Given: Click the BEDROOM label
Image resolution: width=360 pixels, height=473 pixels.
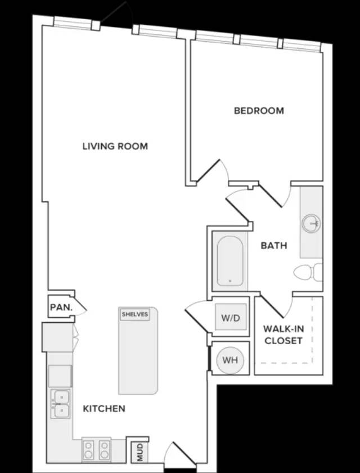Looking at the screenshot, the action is pos(259,111).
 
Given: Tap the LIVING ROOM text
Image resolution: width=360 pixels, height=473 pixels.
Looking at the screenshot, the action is pos(115,146).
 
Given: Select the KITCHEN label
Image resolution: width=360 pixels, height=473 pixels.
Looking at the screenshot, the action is pos(104,408).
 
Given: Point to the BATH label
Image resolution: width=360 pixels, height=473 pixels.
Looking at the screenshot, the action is pos(274,246).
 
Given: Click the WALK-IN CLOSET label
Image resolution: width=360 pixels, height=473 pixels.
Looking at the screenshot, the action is pos(283,335).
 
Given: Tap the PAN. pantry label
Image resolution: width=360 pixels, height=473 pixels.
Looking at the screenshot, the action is pos(61,308).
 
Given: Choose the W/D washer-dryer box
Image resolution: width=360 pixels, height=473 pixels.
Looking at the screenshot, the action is pos(231,317).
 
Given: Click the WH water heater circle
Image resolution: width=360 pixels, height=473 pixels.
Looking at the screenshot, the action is pos(230,359).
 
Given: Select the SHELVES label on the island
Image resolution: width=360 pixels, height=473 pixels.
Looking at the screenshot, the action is pos(135,314).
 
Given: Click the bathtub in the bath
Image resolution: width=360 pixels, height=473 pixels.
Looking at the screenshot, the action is pos(230,261).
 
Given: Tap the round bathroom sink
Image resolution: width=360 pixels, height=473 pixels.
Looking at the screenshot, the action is pos(311,223).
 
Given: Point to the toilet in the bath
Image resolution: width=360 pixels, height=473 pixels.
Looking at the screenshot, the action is pos(308,272).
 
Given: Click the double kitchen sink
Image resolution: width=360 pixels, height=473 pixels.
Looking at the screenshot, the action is pos(60,403).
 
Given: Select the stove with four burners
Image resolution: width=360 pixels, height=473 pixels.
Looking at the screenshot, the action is pos(97,450).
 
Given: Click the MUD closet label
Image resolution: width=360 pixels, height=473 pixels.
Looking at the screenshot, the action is pos(139,452).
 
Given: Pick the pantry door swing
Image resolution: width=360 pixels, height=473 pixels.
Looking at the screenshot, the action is pos(80,308).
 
